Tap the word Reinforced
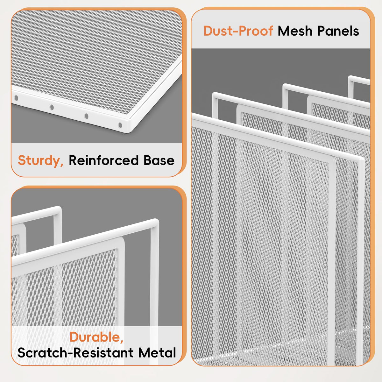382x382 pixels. (103, 160)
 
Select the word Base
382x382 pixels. (159, 160)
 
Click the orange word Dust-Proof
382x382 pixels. (238, 31)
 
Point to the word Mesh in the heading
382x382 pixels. (295, 31)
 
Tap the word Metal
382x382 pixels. (157, 353)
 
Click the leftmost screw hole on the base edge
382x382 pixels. (17, 98)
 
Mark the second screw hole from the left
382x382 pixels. (52, 107)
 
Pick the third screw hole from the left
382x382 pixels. (87, 116)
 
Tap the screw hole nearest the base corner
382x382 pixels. (120, 125)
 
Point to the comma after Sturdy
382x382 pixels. (62, 165)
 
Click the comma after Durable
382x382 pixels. (122, 341)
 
